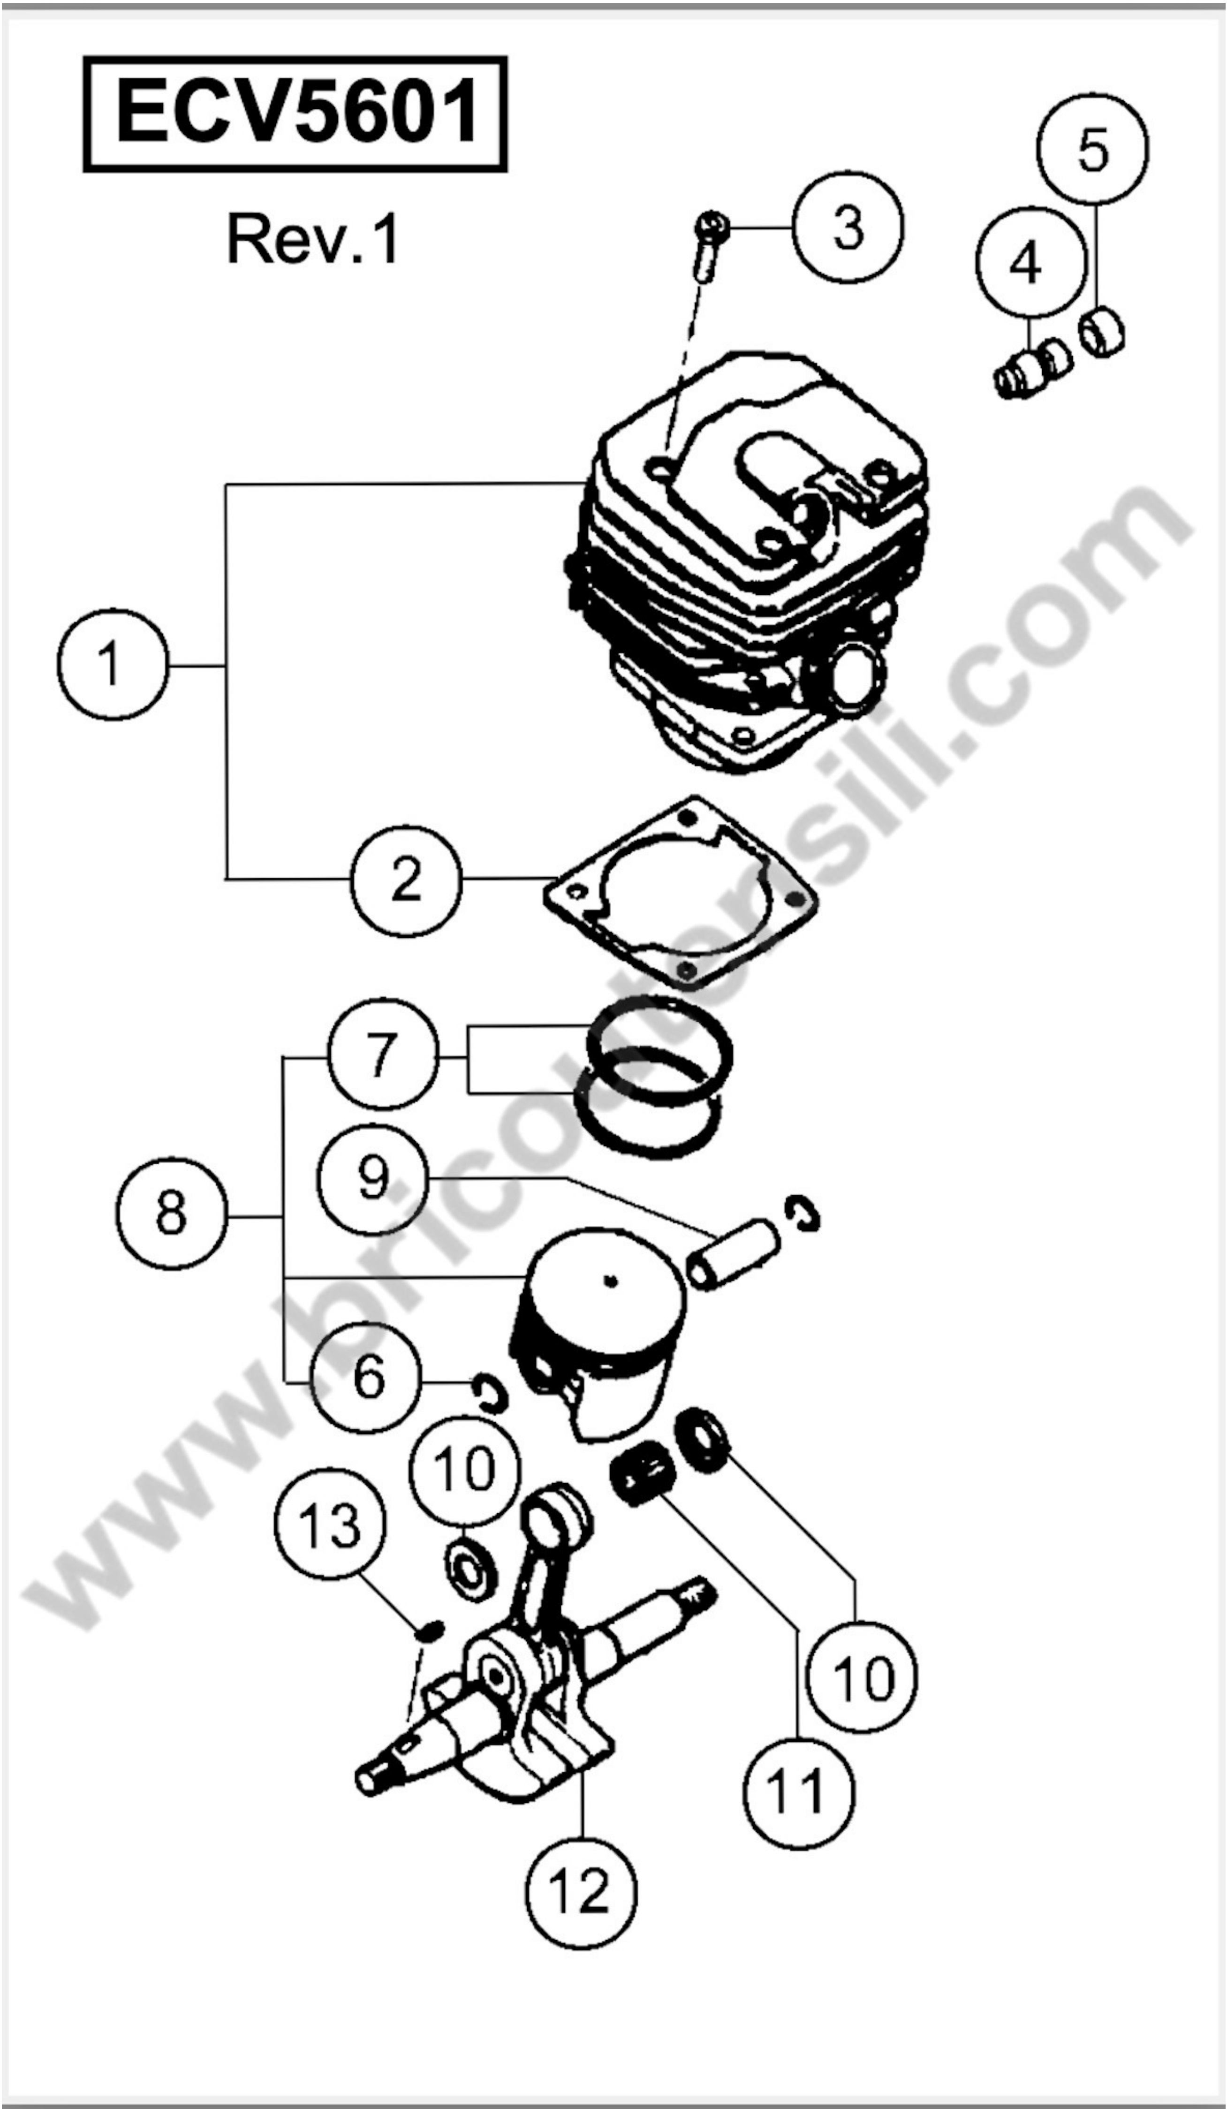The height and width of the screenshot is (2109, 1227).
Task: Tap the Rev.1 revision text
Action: (x=313, y=239)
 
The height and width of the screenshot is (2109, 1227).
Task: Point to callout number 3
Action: (x=848, y=228)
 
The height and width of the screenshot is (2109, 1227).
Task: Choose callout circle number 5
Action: (x=1093, y=149)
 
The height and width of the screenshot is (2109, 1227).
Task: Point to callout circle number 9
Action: (x=372, y=1178)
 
